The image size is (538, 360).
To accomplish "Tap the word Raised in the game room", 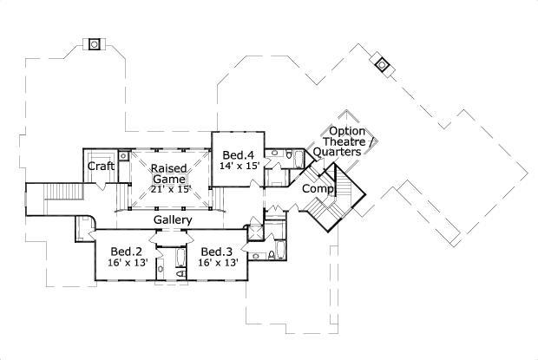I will coord(166,168).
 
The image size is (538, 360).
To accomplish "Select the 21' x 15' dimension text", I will coord(170,189).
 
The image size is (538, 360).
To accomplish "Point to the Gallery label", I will coord(174,220).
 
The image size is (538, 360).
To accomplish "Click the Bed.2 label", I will coord(122,252).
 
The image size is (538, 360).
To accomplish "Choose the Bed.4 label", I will coord(238,154).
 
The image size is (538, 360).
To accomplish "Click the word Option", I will coord(347,131).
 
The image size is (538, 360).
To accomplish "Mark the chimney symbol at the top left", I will coord(95,43).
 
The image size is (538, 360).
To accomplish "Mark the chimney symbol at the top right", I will coord(380,64).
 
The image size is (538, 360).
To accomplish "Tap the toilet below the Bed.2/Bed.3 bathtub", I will coord(180,274).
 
